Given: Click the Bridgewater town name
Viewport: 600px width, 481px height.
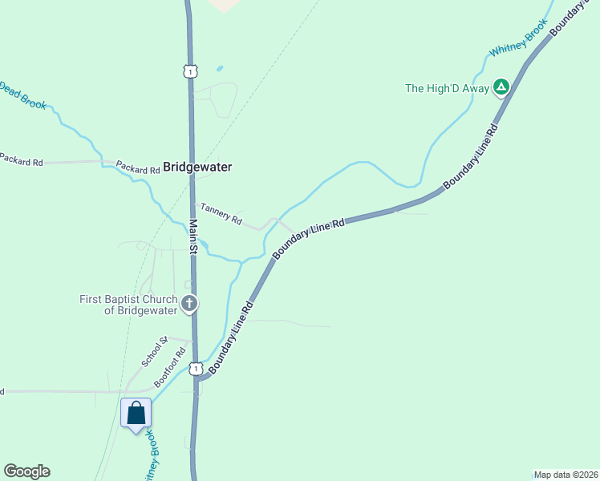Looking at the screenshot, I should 197,168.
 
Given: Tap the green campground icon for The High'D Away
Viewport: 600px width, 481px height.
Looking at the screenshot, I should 501,87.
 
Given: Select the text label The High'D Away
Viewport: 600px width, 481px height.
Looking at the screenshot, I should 447,88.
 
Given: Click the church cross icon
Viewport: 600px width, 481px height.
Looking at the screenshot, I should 189,304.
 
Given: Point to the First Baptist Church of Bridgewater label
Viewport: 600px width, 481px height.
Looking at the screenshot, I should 128,305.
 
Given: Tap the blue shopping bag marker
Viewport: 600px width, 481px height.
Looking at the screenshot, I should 136,414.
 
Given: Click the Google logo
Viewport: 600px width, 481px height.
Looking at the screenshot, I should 26,471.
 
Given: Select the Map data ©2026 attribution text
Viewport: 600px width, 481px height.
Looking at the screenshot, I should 566,475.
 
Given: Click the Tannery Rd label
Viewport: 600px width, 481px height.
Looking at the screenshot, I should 221,213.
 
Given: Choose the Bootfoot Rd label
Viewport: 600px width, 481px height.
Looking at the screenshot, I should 170,367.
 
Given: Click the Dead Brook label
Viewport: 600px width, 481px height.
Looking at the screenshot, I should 22,95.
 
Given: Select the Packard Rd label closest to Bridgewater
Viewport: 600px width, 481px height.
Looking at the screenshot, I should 137,169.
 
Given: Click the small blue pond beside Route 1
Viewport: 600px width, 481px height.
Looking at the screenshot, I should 220,69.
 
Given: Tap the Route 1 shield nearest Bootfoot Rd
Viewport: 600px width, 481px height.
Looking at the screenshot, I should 195,369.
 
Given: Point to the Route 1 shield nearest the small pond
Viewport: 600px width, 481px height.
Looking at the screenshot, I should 189,71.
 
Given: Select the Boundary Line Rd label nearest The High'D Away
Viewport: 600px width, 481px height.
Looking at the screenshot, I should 471,156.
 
